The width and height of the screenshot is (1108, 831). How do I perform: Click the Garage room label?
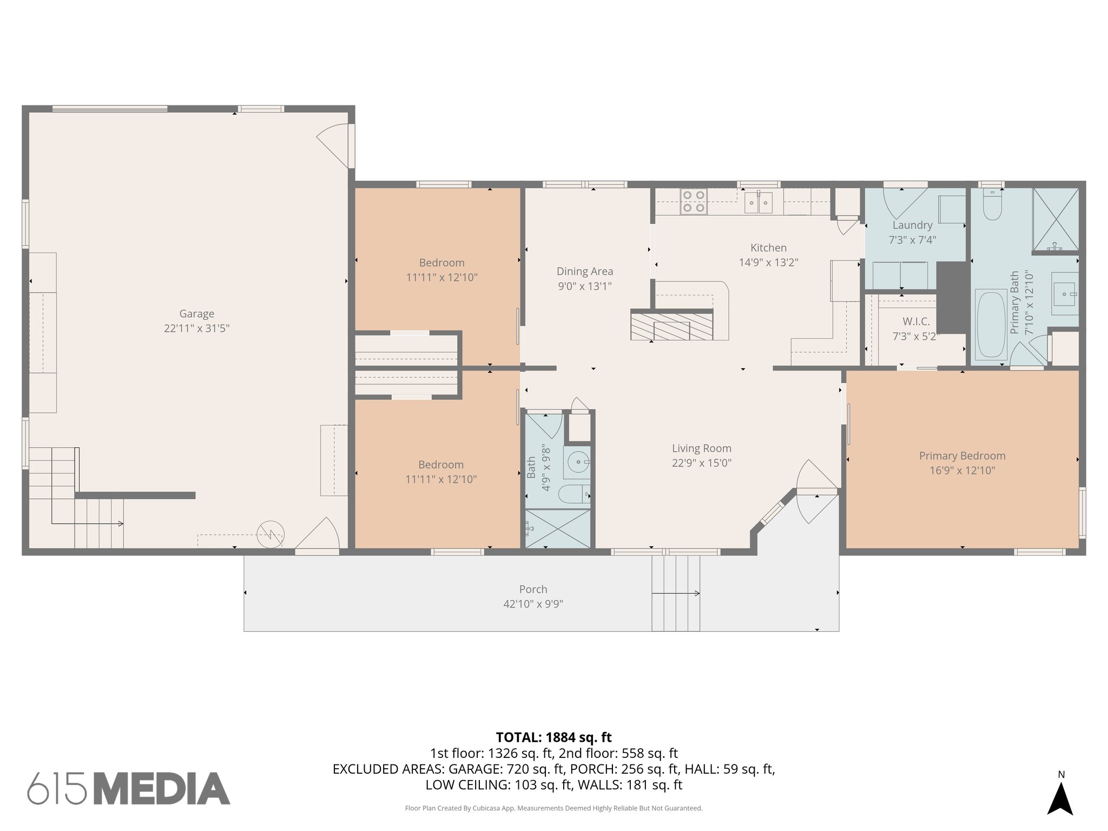pyautogui.click(x=196, y=314)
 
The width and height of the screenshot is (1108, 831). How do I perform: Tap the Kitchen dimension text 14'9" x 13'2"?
pyautogui.click(x=768, y=262)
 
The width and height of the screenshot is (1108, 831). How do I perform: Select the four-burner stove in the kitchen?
pyautogui.click(x=694, y=201)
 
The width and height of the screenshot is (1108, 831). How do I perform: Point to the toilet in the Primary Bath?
pyautogui.click(x=992, y=206)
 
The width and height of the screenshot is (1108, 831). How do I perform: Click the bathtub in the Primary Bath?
pyautogui.click(x=991, y=325)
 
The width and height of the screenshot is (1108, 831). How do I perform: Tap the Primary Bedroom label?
pyautogui.click(x=962, y=456)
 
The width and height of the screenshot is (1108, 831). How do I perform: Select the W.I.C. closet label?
pyautogui.click(x=916, y=321)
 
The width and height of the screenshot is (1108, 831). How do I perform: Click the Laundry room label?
pyautogui.click(x=912, y=225)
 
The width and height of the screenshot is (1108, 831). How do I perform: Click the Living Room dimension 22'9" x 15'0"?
pyautogui.click(x=701, y=463)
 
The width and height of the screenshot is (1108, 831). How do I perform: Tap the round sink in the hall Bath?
pyautogui.click(x=578, y=462)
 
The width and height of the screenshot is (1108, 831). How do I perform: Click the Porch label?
pyautogui.click(x=533, y=589)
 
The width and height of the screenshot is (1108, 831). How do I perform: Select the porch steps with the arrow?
pyautogui.click(x=675, y=593)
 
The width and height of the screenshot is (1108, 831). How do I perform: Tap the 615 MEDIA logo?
pyautogui.click(x=129, y=788)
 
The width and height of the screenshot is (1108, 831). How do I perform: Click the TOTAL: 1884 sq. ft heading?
pyautogui.click(x=553, y=737)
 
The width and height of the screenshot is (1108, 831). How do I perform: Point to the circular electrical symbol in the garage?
pyautogui.click(x=270, y=534)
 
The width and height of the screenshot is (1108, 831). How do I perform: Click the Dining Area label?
pyautogui.click(x=584, y=272)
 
